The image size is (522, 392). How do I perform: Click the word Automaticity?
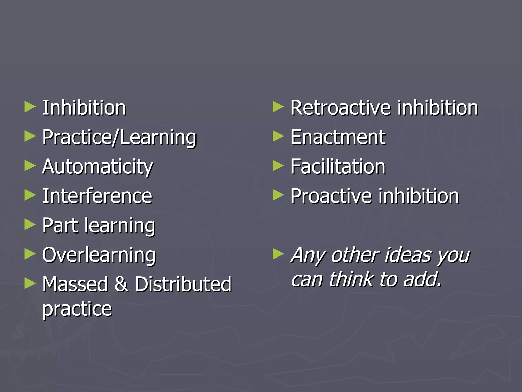tap(97, 167)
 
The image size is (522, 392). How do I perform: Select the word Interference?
tap(97, 196)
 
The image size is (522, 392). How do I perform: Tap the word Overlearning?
tap(99, 255)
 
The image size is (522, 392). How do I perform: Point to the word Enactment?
tap(338, 137)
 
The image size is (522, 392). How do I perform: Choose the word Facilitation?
tap(338, 167)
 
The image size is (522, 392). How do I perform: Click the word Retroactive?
tap(340, 108)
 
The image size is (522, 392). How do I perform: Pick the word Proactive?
tap(331, 196)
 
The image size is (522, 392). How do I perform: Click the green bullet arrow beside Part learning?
tap(30, 225)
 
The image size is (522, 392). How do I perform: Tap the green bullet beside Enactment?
tap(278, 136)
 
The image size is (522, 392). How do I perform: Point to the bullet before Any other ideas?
tap(278, 254)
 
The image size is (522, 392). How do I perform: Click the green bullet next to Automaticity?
tap(30, 166)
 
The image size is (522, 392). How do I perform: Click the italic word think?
tap(351, 279)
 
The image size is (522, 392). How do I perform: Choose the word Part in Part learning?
tap(60, 226)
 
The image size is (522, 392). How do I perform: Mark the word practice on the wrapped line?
tap(77, 309)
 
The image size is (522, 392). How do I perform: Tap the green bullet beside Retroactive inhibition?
tap(278, 107)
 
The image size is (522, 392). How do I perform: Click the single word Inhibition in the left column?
tap(84, 108)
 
